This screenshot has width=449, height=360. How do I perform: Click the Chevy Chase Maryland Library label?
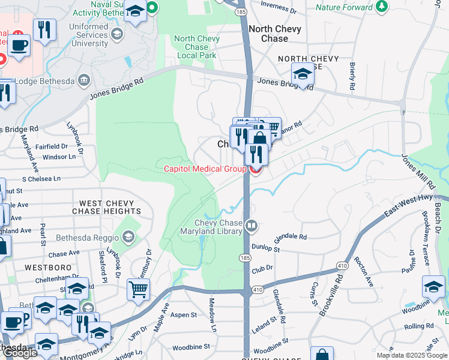(211, 227)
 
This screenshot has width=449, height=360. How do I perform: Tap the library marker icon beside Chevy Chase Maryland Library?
(252, 227)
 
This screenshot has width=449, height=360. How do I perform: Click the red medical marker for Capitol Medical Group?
(255, 170)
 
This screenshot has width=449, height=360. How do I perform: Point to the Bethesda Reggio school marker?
(127, 237)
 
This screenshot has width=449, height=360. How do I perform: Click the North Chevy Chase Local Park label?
(197, 47)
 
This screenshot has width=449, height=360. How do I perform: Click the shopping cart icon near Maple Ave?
(138, 289)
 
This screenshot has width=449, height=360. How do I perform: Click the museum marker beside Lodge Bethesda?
(83, 80)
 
